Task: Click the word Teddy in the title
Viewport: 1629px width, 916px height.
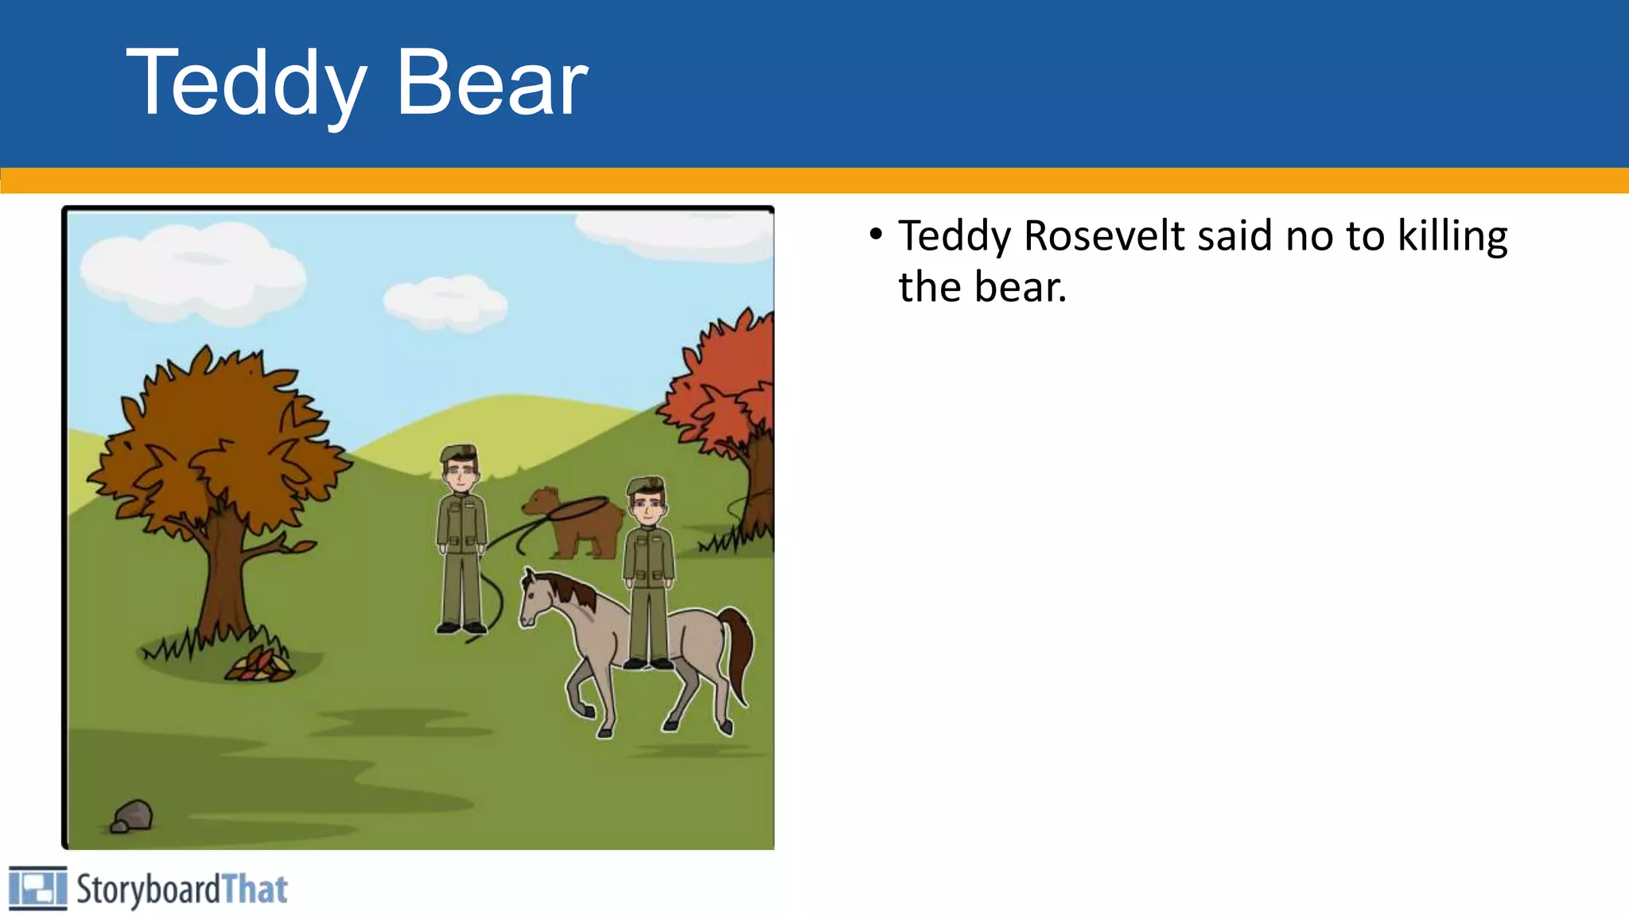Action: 247,83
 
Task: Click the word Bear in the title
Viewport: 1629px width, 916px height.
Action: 492,83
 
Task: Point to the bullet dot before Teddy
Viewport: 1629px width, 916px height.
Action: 876,235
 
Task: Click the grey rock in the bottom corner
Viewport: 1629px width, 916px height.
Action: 133,816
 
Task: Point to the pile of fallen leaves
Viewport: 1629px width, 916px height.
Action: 259,666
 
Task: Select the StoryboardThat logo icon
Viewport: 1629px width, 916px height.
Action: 37,887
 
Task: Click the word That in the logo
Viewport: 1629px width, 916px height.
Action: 255,889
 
